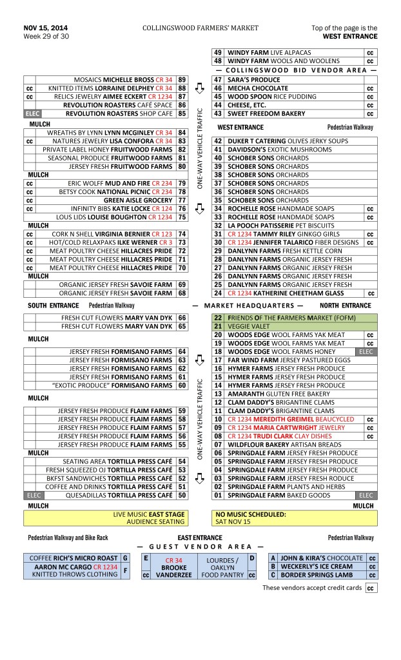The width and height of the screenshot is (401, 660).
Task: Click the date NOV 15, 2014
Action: click(45, 28)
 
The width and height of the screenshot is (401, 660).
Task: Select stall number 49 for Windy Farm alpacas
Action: click(218, 52)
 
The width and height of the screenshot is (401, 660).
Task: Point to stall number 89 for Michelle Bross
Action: click(182, 79)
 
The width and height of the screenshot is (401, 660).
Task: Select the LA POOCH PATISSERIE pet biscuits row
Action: click(277, 226)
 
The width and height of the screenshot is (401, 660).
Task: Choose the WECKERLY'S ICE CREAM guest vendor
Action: click(317, 567)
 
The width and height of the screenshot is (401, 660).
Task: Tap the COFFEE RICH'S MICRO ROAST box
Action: click(71, 558)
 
